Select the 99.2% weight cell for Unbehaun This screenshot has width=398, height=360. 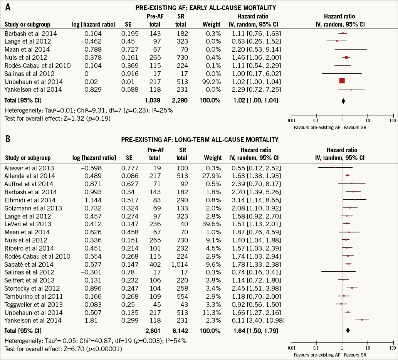click(212, 82)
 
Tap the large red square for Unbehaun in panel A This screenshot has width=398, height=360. click(342, 80)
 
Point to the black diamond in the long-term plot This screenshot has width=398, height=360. click(348, 330)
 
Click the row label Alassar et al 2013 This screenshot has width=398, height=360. click(29, 168)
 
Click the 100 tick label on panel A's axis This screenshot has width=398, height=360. click(392, 121)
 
